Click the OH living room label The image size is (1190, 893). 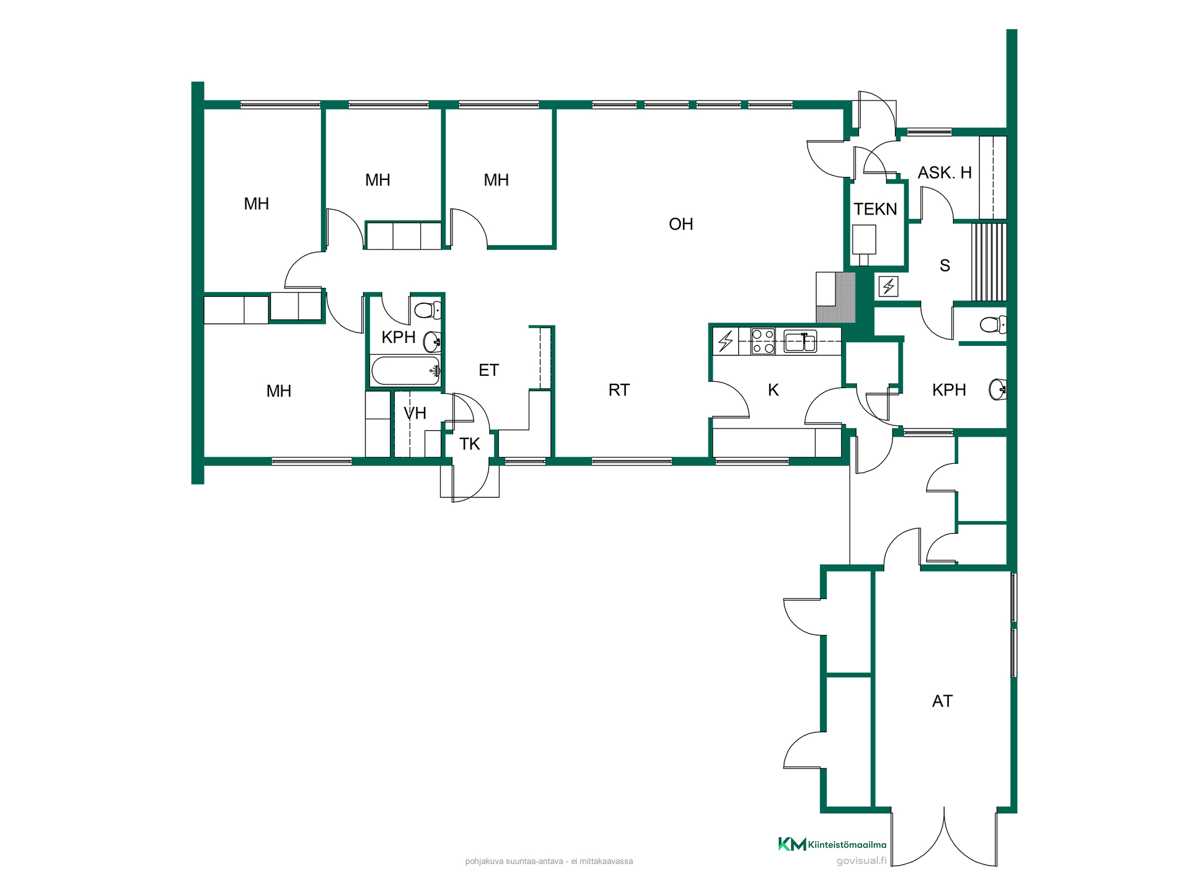tap(681, 224)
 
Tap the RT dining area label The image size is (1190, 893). tap(619, 390)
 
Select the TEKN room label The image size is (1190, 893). tap(875, 209)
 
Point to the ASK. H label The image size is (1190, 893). tap(945, 172)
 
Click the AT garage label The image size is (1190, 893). tap(942, 701)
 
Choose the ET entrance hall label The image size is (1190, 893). tap(488, 370)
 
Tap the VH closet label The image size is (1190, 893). tap(415, 413)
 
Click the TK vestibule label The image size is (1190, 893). tap(470, 444)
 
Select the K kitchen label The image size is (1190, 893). tap(773, 390)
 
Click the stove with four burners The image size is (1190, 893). tap(763, 341)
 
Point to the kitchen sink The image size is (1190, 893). tap(800, 341)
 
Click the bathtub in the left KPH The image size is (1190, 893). tap(406, 371)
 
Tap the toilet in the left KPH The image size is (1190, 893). tap(428, 309)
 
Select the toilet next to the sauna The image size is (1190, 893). tap(994, 324)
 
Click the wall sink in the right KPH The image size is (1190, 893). tap(998, 389)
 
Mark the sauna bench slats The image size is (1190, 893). tap(989, 262)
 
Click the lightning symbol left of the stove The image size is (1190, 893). tap(726, 341)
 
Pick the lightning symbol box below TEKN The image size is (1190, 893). tap(888, 287)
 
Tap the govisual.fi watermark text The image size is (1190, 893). tap(861, 861)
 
